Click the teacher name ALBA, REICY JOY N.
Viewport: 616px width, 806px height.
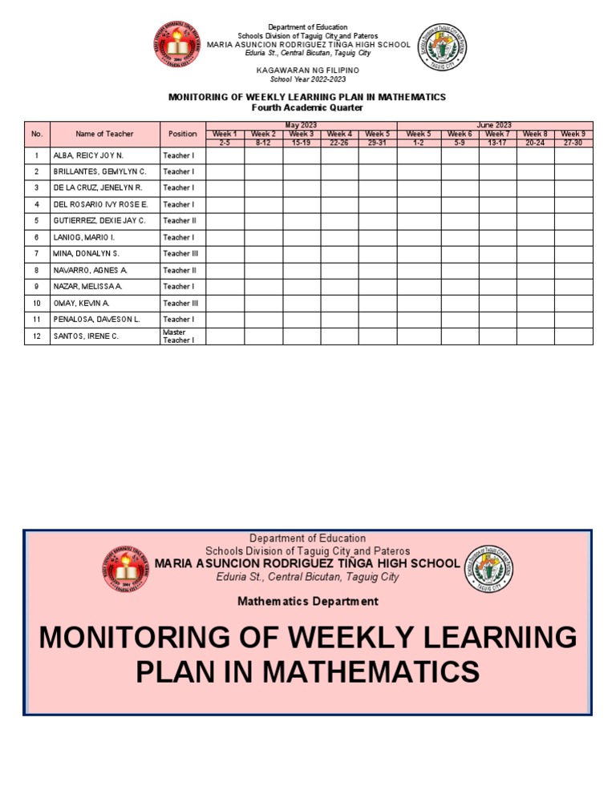[87, 155]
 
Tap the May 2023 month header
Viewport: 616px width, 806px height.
[301, 125]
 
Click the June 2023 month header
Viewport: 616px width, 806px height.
[494, 125]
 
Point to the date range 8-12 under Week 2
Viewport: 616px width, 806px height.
[263, 142]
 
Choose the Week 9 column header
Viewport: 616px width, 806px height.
[573, 134]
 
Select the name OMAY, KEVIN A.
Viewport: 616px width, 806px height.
[82, 303]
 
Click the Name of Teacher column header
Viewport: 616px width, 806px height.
[104, 134]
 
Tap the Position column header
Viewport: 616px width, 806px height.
[182, 134]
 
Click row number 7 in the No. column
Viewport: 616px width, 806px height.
[36, 253]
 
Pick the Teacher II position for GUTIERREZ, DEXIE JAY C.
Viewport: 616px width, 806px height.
[180, 220]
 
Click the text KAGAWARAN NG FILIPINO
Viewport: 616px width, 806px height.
[308, 71]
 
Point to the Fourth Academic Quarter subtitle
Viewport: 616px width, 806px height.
[307, 107]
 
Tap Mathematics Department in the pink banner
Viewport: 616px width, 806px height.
[308, 601]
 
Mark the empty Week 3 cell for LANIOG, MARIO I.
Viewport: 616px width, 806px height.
[302, 237]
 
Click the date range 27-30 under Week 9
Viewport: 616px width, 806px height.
[573, 142]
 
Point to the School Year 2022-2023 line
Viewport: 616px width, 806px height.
[308, 79]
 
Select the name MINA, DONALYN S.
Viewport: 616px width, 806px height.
[86, 253]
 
